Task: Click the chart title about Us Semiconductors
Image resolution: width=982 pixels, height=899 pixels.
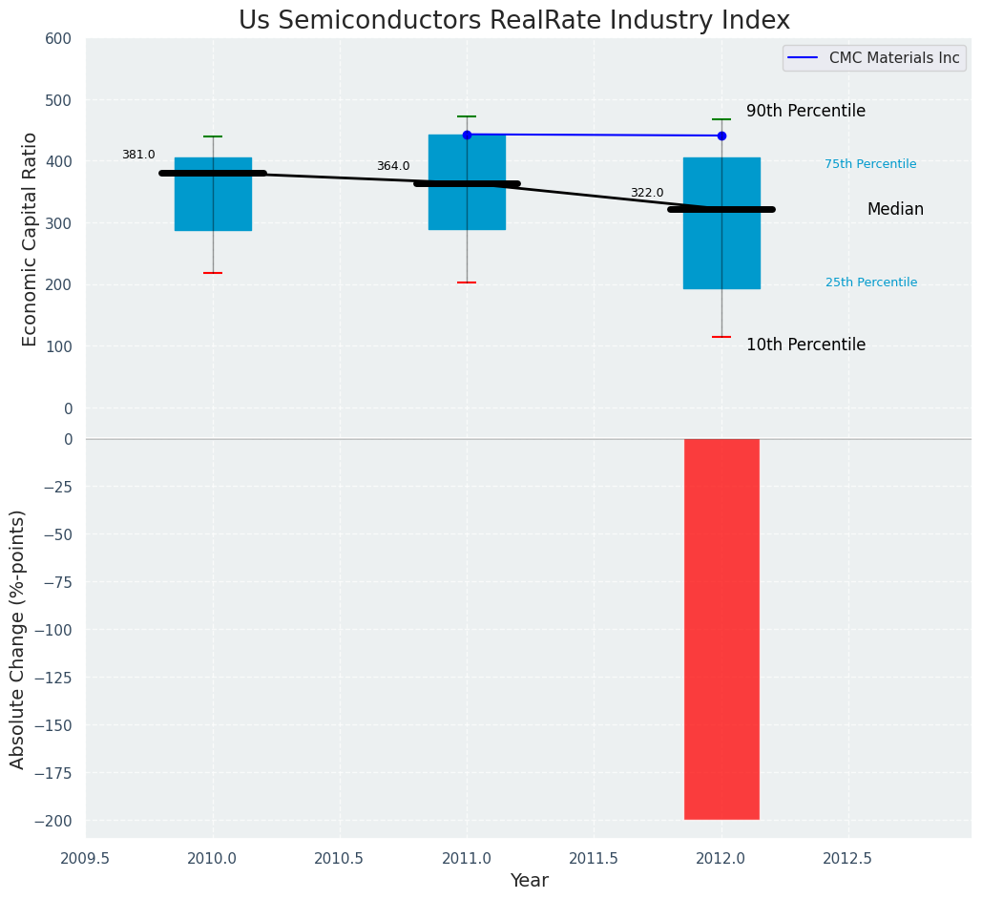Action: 513,21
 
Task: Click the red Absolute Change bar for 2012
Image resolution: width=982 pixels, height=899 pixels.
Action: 721,629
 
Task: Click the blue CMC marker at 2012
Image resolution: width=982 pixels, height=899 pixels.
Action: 721,136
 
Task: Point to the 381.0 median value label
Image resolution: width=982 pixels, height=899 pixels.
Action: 138,155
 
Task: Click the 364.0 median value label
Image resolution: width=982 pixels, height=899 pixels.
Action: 392,166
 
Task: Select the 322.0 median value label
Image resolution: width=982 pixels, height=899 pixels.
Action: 646,193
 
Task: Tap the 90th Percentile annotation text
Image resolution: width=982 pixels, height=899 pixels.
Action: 805,112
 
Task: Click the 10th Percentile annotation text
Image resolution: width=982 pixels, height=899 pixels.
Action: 805,345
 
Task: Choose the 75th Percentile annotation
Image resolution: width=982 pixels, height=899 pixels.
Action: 870,164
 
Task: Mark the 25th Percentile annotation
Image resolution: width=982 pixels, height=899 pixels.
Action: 871,282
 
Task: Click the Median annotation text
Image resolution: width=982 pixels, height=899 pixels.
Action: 895,210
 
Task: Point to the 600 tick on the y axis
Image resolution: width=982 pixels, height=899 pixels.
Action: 58,39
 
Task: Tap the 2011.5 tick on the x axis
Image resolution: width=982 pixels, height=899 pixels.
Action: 594,858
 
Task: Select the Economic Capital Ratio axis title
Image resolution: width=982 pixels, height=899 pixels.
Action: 31,240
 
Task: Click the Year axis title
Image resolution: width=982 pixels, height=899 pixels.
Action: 529,881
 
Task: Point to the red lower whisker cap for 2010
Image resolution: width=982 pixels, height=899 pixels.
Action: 213,273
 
